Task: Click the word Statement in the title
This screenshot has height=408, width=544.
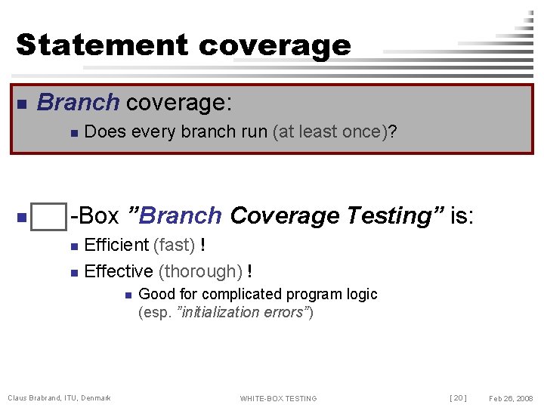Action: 102,45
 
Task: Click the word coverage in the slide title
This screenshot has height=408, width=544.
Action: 275,46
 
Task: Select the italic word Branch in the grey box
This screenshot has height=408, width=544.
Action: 78,102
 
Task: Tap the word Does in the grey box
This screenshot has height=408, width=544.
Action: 106,132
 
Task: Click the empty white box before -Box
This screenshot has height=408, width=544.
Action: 50,217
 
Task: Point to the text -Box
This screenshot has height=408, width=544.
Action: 94,216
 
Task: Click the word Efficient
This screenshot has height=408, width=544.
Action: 116,245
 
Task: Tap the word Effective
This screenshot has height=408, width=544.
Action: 119,271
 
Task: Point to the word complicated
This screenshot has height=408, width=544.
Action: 234,294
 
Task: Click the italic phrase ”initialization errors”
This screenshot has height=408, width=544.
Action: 243,312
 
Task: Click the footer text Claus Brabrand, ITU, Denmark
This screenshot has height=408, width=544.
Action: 59,398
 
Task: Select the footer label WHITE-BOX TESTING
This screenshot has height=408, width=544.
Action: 278,398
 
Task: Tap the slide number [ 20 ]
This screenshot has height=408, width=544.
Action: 458,398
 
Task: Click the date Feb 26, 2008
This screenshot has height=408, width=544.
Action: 511,398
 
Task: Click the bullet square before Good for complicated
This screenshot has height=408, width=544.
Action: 128,295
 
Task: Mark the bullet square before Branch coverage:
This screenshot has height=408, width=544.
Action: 22,104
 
